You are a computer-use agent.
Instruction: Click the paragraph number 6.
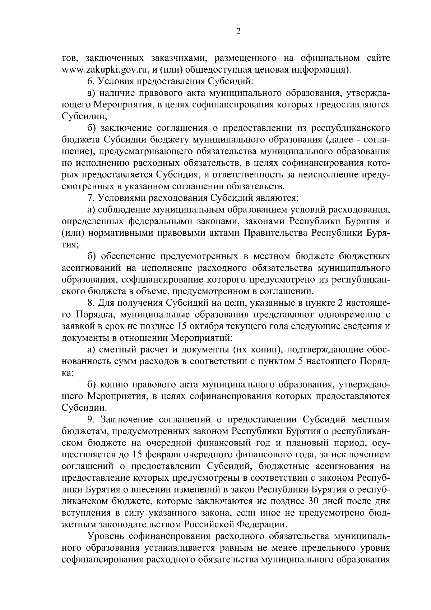point(90,80)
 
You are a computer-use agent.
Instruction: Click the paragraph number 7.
point(90,198)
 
